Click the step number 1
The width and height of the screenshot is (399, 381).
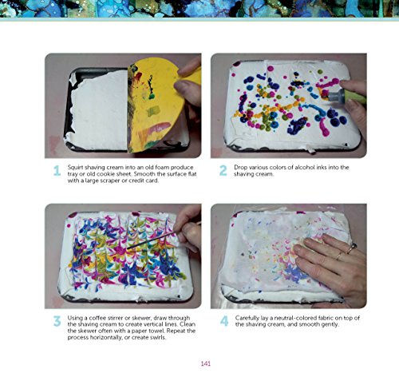click(x=57, y=170)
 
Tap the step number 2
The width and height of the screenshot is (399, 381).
click(x=223, y=170)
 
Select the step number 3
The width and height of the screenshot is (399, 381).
click(x=57, y=323)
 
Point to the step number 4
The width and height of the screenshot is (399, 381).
click(x=223, y=323)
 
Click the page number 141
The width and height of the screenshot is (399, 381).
click(x=206, y=364)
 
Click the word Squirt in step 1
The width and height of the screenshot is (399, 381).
click(x=77, y=166)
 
